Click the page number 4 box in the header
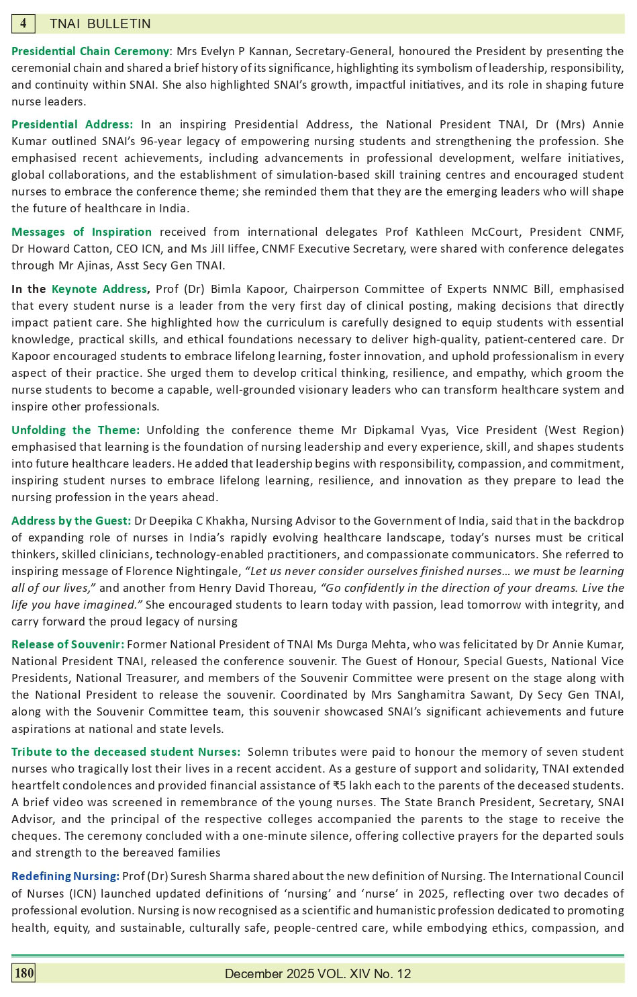[23, 24]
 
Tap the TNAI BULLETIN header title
[100, 24]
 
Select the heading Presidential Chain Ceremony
[90, 51]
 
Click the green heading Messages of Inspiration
[81, 232]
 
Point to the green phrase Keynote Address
[99, 289]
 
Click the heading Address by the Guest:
[70, 521]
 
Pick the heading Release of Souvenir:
[67, 644]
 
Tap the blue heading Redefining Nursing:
[65, 876]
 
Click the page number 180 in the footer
[23, 973]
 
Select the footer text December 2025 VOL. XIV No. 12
[317, 973]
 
